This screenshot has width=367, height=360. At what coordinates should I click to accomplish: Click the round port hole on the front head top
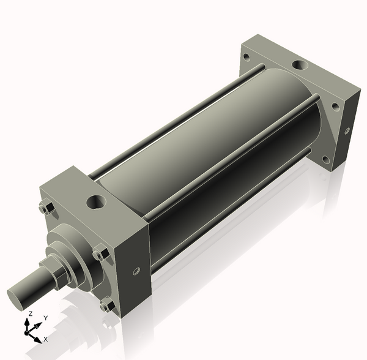click(x=97, y=200)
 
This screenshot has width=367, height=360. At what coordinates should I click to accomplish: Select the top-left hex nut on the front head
click(x=44, y=208)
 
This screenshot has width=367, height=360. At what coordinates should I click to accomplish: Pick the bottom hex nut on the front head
click(x=108, y=304)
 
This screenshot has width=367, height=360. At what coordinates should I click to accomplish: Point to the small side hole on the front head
click(x=136, y=269)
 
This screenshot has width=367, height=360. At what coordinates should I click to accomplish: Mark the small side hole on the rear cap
click(x=347, y=130)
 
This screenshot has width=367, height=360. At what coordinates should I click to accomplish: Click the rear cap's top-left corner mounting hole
click(x=247, y=57)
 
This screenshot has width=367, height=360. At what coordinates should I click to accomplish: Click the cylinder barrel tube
click(x=208, y=147)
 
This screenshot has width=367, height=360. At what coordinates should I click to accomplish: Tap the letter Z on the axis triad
click(x=29, y=313)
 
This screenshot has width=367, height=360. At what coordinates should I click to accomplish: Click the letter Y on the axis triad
click(x=45, y=318)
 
